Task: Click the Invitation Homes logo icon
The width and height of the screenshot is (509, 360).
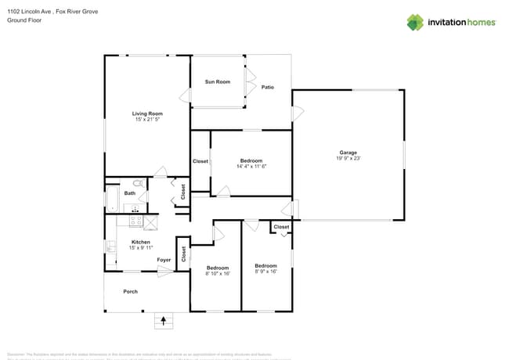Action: coord(414,22)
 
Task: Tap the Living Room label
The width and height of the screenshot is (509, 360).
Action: coord(147,114)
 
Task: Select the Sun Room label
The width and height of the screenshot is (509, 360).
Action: coord(218,82)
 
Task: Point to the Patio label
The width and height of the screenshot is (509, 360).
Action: coord(268,87)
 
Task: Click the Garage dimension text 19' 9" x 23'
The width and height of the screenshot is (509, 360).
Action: coord(348,158)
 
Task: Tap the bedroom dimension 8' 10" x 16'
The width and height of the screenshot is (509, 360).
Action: coord(217,274)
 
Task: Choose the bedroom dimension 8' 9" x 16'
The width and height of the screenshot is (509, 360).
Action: coord(266,272)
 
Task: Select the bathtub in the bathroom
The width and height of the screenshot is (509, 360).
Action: coord(111,199)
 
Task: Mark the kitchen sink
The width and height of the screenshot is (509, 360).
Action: coord(110,247)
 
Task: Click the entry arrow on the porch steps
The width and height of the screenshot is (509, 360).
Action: coord(164,319)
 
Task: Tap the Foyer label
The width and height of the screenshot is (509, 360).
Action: coord(164,260)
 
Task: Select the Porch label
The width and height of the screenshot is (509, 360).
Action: coord(130,292)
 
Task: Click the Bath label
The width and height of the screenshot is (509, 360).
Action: coord(129,193)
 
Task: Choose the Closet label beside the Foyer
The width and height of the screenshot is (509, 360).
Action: coord(183,254)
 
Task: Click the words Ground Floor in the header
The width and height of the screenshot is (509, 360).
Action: coord(23,20)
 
